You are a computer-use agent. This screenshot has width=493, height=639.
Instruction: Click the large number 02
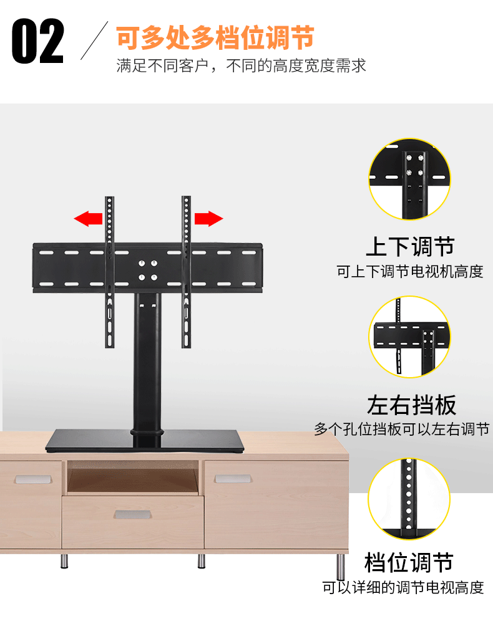pos(38,41)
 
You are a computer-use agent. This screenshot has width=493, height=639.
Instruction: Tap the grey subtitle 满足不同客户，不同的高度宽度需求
pos(241,66)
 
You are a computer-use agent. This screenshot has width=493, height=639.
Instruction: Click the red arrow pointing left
pos(88,218)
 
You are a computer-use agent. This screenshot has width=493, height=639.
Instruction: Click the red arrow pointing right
pos(208,218)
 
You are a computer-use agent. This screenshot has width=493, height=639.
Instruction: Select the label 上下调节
pos(410,247)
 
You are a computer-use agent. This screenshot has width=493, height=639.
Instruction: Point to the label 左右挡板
pos(411,405)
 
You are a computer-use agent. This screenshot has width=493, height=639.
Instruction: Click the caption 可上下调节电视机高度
pos(410,272)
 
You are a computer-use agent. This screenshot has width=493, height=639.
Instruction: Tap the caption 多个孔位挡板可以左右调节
pos(402,430)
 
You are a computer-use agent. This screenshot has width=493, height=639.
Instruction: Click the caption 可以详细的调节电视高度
pos(403,588)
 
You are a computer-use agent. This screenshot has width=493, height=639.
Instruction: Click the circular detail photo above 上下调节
pos(409,179)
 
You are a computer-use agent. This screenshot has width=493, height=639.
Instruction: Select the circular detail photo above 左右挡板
pos(409,337)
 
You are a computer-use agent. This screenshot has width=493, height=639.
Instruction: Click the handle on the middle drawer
pos(132,515)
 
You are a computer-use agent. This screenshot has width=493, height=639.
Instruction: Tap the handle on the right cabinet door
pos(233,479)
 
